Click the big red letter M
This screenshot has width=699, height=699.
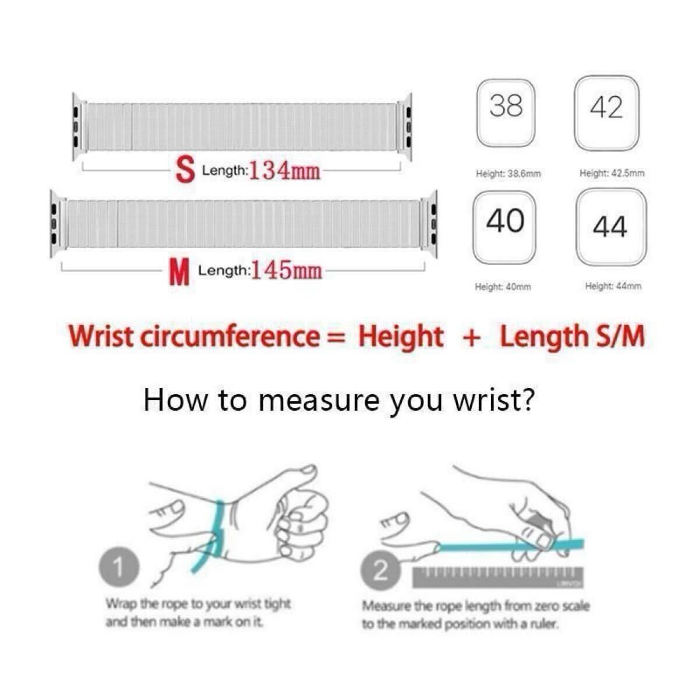pyautogui.click(x=179, y=274)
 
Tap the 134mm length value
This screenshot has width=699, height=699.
pyautogui.click(x=285, y=171)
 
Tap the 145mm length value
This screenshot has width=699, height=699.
pyautogui.click(x=287, y=270)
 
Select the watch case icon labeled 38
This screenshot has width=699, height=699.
pyautogui.click(x=506, y=112)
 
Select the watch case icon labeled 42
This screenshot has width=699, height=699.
pyautogui.click(x=606, y=113)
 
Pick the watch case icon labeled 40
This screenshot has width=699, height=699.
pyautogui.click(x=504, y=227)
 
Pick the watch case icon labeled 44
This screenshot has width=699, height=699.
pyautogui.click(x=611, y=227)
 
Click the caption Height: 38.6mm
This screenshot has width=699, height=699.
pyautogui.click(x=508, y=174)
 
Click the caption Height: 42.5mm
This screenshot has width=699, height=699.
pyautogui.click(x=612, y=173)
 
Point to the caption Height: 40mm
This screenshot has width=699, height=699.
pyautogui.click(x=503, y=287)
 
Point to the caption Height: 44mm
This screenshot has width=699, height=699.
pyautogui.click(x=613, y=286)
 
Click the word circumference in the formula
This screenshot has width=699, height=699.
pyautogui.click(x=230, y=337)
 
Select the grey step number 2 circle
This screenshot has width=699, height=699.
pyautogui.click(x=380, y=571)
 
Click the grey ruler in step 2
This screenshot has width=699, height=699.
pyautogui.click(x=498, y=577)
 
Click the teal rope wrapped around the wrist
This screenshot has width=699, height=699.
pyautogui.click(x=217, y=533)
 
